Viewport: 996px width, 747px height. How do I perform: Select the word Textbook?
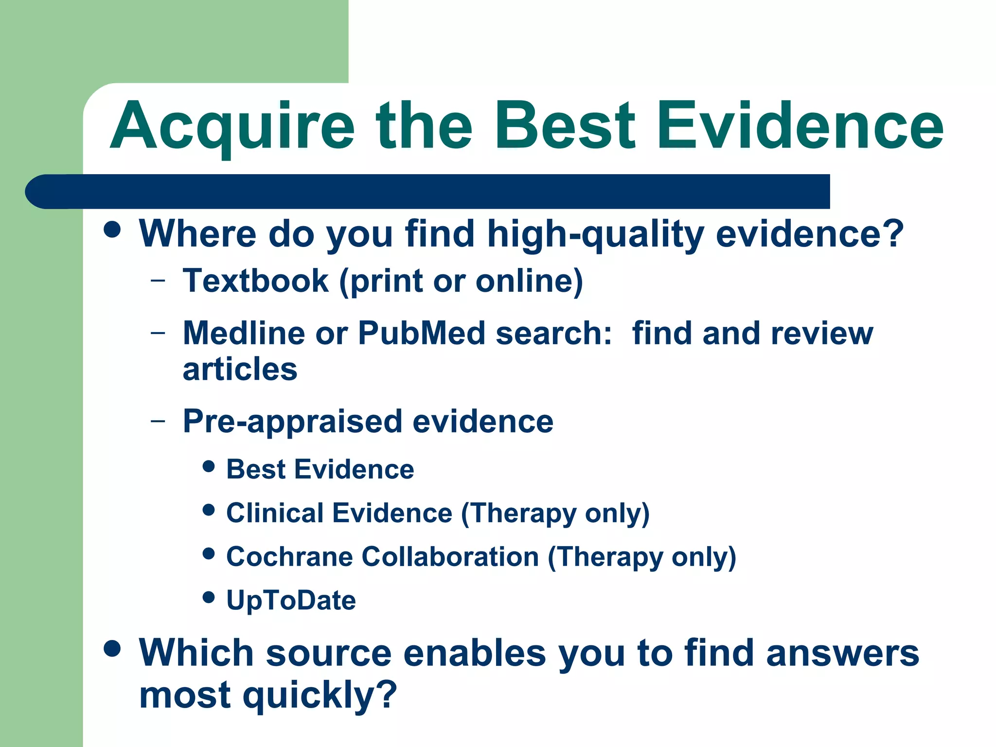point(256,281)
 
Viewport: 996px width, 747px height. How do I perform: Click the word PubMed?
point(422,333)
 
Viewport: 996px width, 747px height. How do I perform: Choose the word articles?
point(240,369)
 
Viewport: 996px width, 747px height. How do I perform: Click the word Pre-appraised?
point(292,421)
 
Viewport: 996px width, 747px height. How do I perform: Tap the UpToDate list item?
point(291,600)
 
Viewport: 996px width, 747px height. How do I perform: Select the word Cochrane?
point(289,556)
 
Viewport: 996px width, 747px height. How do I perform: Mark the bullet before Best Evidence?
point(209,467)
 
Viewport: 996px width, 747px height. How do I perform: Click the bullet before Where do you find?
point(112,230)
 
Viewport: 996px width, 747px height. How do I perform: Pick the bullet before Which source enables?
point(112,649)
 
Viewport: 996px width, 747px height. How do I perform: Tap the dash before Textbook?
point(158,281)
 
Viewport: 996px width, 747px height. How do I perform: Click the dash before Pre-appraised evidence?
point(158,421)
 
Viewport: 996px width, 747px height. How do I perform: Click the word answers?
point(842,653)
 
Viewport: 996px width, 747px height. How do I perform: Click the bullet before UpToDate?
point(209,597)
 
